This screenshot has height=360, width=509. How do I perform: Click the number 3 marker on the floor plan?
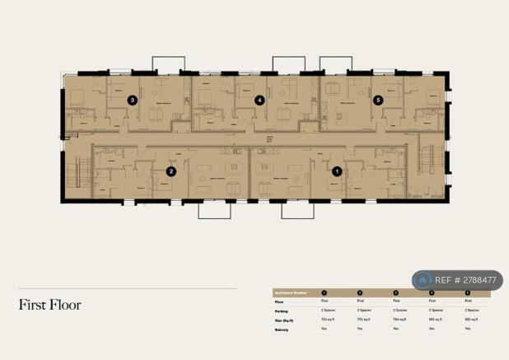(x=132, y=101)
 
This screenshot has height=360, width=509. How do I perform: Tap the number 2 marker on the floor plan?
(x=171, y=171)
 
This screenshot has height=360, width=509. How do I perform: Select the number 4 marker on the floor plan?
(x=259, y=101)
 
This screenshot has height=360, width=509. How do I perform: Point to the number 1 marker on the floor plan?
(x=336, y=171)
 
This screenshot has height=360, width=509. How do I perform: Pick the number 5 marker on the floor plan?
(x=378, y=101)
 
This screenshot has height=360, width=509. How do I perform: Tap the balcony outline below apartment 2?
(x=214, y=210)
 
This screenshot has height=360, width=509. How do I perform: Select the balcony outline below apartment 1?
(x=297, y=210)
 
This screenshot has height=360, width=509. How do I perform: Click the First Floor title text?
(x=50, y=305)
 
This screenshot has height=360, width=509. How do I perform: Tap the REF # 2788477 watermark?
(x=465, y=280)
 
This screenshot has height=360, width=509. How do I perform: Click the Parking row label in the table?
(x=281, y=311)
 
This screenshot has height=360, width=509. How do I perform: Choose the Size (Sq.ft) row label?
(x=284, y=320)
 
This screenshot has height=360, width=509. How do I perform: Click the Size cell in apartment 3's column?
(x=397, y=320)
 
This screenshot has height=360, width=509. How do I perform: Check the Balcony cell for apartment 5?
(x=468, y=329)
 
